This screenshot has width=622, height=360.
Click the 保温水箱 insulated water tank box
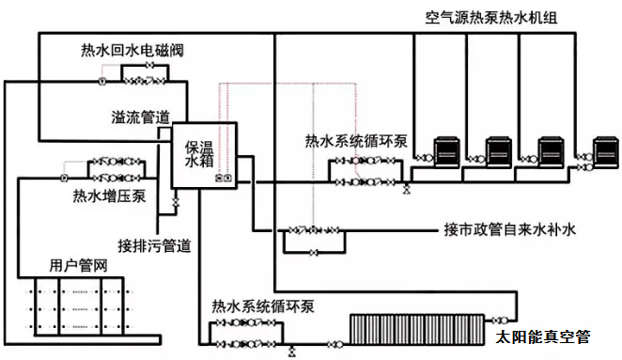[204, 155]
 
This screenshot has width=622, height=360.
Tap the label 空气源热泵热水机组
[491, 18]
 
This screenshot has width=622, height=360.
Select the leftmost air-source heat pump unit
[447, 152]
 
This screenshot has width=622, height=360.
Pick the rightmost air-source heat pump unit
[606, 152]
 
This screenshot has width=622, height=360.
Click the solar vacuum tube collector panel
[417, 329]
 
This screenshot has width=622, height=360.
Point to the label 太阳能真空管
[543, 337]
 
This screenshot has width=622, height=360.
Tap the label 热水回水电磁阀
[132, 51]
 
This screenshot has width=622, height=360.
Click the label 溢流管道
[140, 117]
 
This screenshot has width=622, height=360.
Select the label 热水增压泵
[110, 196]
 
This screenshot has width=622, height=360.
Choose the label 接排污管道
[154, 245]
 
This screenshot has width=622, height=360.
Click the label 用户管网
[78, 265]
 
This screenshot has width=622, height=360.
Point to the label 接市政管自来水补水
[510, 229]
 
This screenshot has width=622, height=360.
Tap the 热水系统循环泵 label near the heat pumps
[356, 141]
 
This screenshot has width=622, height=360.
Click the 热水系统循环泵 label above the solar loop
[263, 306]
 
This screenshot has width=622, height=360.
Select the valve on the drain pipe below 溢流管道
[176, 202]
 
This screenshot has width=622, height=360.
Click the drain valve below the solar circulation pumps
[292, 352]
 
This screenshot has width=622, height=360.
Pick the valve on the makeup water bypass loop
[314, 253]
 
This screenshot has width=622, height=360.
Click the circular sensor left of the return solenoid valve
[102, 81]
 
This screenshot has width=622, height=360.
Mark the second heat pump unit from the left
[499, 152]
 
